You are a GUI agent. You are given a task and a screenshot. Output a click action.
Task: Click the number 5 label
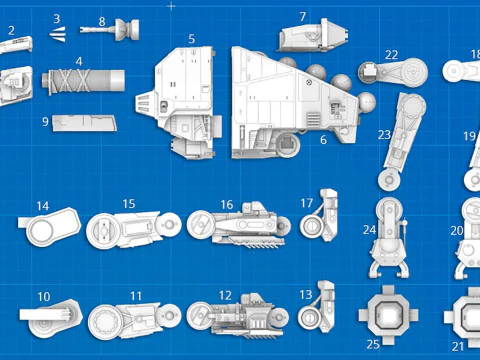click(x=191, y=39)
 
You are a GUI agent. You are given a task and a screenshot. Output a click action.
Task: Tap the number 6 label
click(x=323, y=140)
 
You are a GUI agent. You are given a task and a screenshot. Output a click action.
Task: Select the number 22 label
click(x=392, y=55)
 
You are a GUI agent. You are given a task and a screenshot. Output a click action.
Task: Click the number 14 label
click(x=43, y=207)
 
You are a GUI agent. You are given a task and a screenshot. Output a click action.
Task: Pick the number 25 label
click(x=373, y=344)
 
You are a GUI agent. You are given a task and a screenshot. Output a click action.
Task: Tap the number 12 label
click(x=225, y=296)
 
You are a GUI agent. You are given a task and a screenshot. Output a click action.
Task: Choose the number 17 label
click(x=307, y=203)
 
